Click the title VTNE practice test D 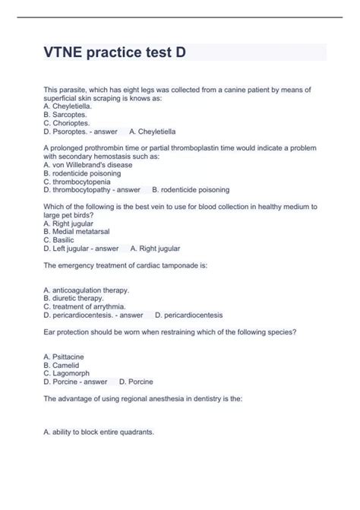point(114,53)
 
